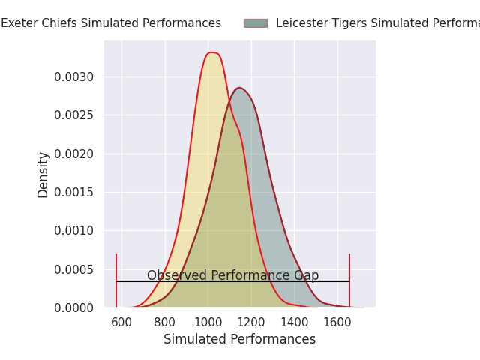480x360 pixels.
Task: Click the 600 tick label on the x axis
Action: pyautogui.click(x=121, y=322)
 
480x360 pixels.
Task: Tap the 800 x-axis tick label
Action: pyautogui.click(x=165, y=322)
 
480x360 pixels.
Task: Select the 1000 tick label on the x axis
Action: pyautogui.click(x=208, y=322)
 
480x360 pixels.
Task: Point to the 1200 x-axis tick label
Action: pyautogui.click(x=251, y=322)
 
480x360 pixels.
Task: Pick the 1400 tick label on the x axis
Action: pyautogui.click(x=295, y=322)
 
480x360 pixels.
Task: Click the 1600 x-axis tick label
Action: pyautogui.click(x=337, y=322)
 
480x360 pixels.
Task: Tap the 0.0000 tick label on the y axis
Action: pyautogui.click(x=73, y=307)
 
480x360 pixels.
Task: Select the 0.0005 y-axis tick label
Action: pyautogui.click(x=73, y=269)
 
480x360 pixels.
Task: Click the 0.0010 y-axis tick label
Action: pyautogui.click(x=73, y=230)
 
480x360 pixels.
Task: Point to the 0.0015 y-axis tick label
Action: pyautogui.click(x=73, y=192)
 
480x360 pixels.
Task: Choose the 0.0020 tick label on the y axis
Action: pyautogui.click(x=73, y=154)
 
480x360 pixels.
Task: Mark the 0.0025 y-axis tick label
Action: pyautogui.click(x=73, y=115)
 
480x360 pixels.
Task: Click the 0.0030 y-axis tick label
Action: pyautogui.click(x=73, y=76)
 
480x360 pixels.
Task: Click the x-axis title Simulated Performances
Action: pyautogui.click(x=240, y=339)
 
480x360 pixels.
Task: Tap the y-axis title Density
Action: pyautogui.click(x=43, y=174)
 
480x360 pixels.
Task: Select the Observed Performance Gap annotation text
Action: pyautogui.click(x=232, y=275)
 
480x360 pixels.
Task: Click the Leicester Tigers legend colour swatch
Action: pyautogui.click(x=255, y=23)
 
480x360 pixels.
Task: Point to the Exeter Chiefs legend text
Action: pyautogui.click(x=111, y=23)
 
